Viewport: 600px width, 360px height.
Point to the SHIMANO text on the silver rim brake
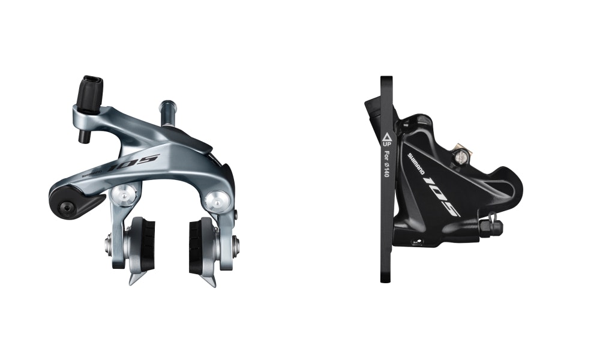point(92,173)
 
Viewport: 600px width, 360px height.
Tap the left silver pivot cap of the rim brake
point(124,194)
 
